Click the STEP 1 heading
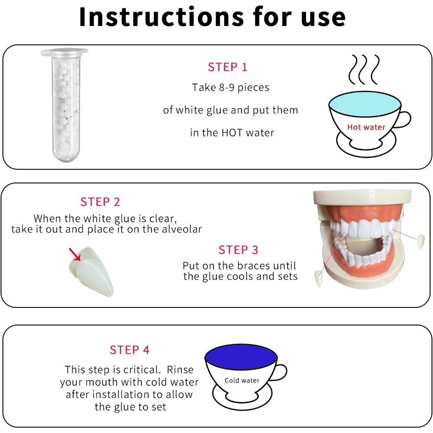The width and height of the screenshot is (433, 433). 228,67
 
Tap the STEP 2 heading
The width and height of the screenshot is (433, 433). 100,202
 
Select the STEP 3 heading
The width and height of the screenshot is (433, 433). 238,250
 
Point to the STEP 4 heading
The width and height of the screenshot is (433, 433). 129,350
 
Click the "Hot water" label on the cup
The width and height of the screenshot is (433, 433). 366,127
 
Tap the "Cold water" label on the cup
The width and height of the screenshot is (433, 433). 242,380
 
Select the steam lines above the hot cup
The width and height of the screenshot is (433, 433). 364,70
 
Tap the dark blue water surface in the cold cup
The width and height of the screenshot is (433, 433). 241,357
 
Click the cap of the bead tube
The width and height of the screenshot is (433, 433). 65,52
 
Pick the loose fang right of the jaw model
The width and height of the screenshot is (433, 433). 420,241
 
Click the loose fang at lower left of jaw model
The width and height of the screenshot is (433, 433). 319,278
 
